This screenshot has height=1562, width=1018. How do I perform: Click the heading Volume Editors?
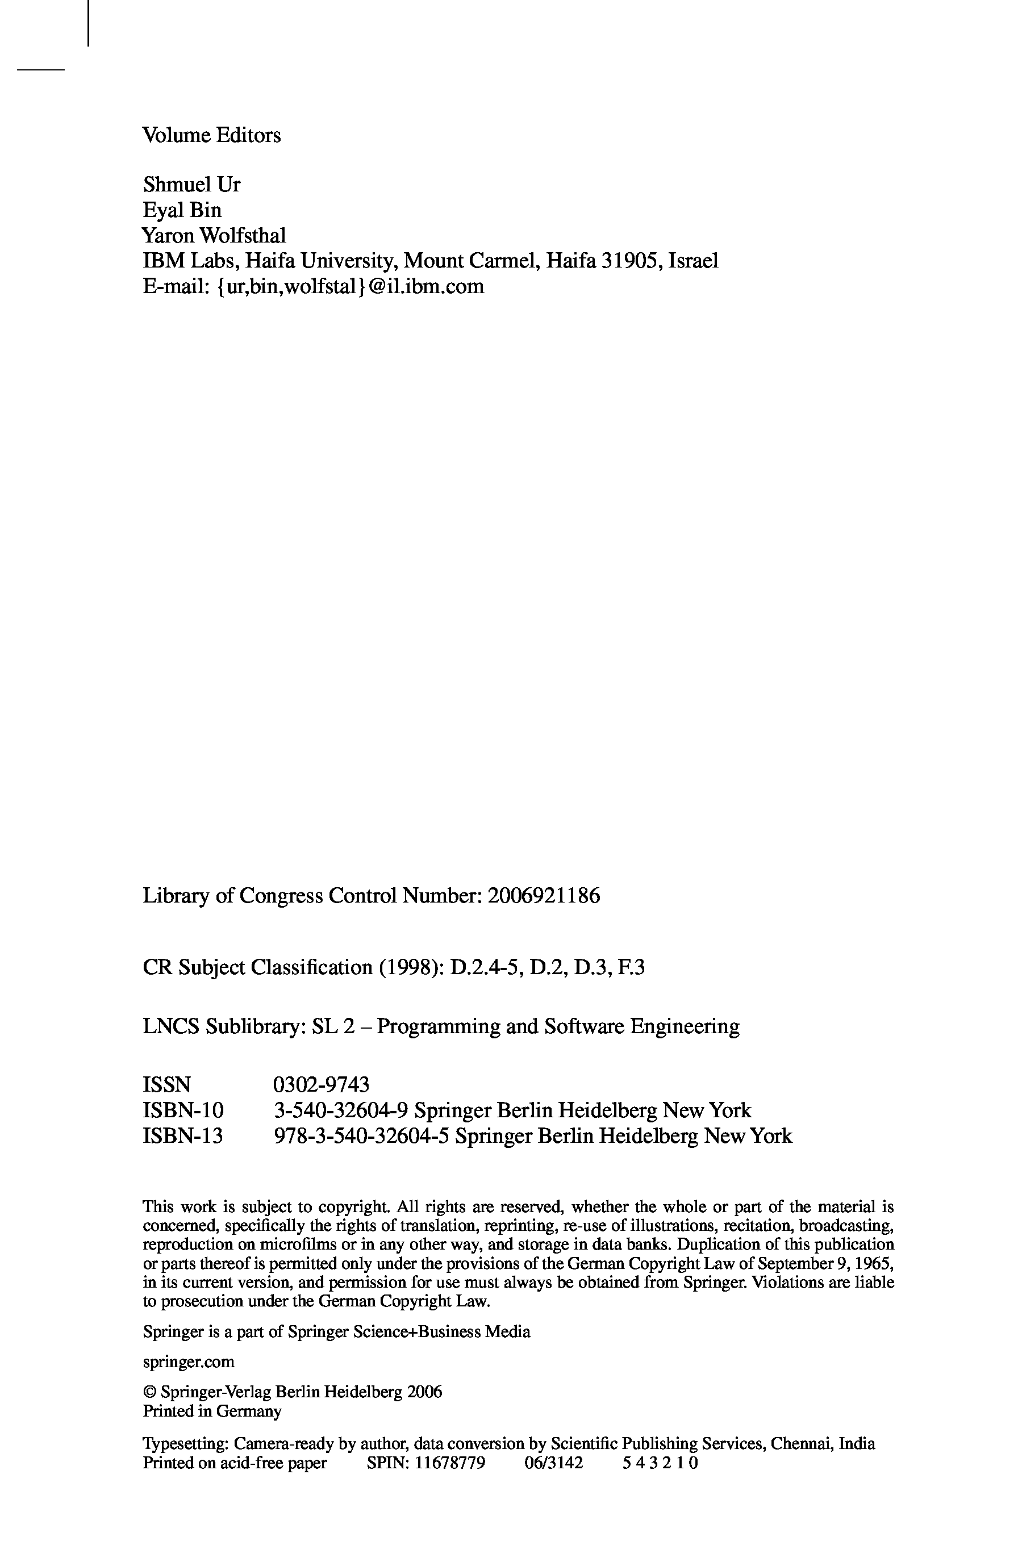(x=211, y=135)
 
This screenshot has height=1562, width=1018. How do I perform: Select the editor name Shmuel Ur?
(x=191, y=185)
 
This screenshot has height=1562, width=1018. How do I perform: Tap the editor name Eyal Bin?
(x=182, y=210)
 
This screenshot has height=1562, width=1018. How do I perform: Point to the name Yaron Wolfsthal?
(x=214, y=235)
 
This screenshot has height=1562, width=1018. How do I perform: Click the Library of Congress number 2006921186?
(x=544, y=895)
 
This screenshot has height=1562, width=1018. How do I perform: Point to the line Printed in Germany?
(x=212, y=1410)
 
